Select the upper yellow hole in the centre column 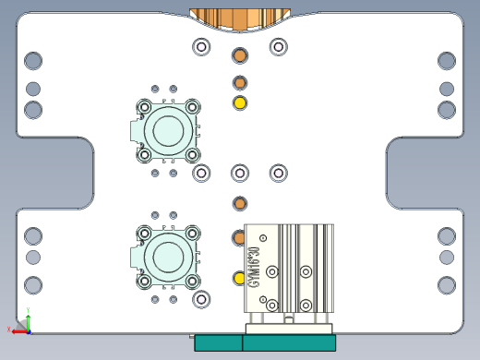click(240, 102)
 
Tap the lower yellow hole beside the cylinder click(239, 277)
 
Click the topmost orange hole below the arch click(239, 54)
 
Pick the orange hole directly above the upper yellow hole click(240, 83)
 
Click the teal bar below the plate click(265, 342)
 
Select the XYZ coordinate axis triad click(23, 324)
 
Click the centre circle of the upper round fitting click(168, 129)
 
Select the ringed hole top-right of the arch click(278, 46)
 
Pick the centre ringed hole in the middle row click(240, 173)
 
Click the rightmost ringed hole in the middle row click(278, 173)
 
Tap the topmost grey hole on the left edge click(33, 61)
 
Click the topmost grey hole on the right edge click(447, 61)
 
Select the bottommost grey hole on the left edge click(33, 284)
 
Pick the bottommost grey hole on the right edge click(447, 284)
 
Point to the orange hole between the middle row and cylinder click(239, 202)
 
